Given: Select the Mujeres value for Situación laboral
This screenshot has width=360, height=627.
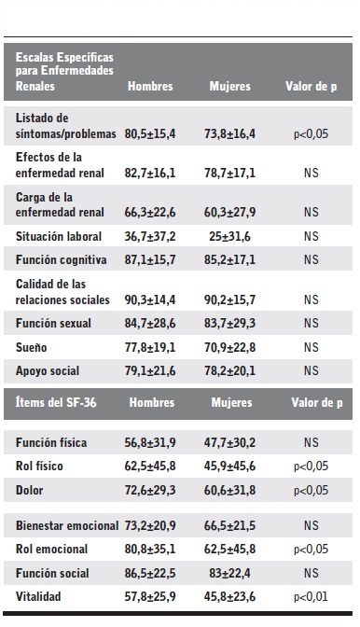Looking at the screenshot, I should pos(229,236).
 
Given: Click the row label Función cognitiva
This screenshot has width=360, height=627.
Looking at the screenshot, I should pos(62,258).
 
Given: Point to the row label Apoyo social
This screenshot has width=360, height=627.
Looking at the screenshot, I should pos(49,371).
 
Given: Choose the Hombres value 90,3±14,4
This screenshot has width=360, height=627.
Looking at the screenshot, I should pos(150,299).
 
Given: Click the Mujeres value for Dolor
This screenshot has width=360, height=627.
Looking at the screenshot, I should pos(229,488).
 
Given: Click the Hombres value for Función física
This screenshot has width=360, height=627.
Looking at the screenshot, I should pos(150,442).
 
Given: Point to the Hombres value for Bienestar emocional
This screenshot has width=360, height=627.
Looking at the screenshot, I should pos(150,526).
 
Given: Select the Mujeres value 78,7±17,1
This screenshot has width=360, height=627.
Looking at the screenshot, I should pos(229,174).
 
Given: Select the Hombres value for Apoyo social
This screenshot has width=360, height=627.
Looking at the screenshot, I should pos(150,371).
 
